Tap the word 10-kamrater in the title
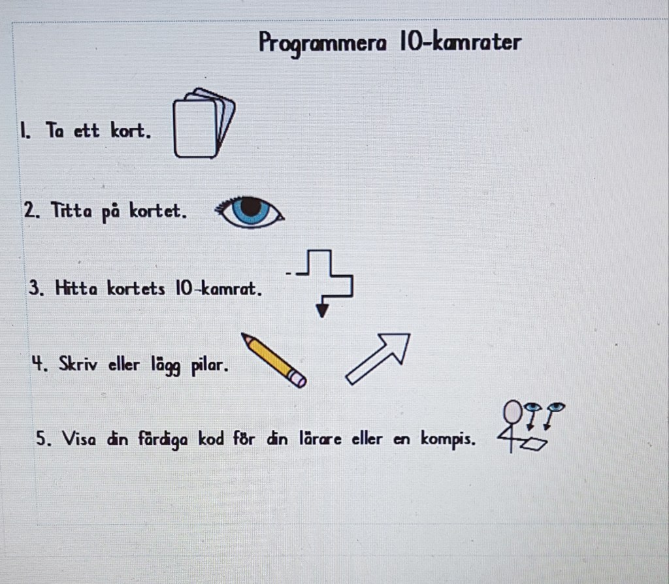coord(461,42)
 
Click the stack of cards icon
coord(204,123)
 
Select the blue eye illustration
coord(250,212)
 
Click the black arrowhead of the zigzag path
coord(322,310)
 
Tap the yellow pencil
coord(274,360)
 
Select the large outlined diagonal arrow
coord(378,359)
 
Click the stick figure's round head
coord(512,412)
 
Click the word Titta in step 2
coord(71,210)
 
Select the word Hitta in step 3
coord(76,288)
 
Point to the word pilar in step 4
coord(210,366)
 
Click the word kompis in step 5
coord(448,438)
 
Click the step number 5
coord(43,438)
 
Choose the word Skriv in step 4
coord(78,364)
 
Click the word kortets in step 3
coord(136,288)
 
